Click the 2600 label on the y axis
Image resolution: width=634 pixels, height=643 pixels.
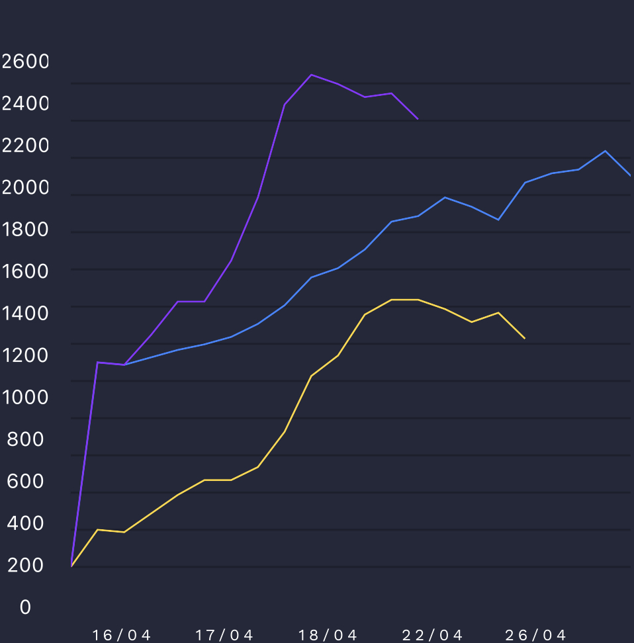tap(25, 62)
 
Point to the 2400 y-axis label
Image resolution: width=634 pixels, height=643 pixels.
tap(25, 103)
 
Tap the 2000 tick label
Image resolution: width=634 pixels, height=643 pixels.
tap(25, 188)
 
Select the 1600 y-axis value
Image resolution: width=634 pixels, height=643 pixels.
tap(25, 271)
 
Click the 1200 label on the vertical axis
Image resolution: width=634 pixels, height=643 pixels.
tap(25, 355)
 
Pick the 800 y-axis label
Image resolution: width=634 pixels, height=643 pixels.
tap(25, 439)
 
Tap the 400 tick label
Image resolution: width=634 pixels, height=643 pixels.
tap(25, 523)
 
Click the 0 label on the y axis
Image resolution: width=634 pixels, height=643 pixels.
tap(25, 607)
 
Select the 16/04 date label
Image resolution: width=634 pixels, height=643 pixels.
tap(122, 636)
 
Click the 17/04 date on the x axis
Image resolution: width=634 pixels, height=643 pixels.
tap(225, 636)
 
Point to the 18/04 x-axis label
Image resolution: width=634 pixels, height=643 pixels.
tap(328, 636)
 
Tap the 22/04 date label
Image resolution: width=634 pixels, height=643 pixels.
tap(433, 636)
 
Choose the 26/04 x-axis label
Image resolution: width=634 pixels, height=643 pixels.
tap(536, 636)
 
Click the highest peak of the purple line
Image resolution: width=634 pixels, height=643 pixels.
tap(311, 75)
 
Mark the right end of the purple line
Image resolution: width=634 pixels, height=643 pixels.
tap(418, 119)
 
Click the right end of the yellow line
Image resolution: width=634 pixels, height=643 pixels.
tap(525, 339)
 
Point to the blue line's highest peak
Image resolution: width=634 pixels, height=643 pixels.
tap(605, 151)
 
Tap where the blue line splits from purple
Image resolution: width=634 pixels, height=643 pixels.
tap(124, 364)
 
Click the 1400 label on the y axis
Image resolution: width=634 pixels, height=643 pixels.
tap(25, 313)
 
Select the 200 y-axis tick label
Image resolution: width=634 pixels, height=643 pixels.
tap(25, 566)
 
